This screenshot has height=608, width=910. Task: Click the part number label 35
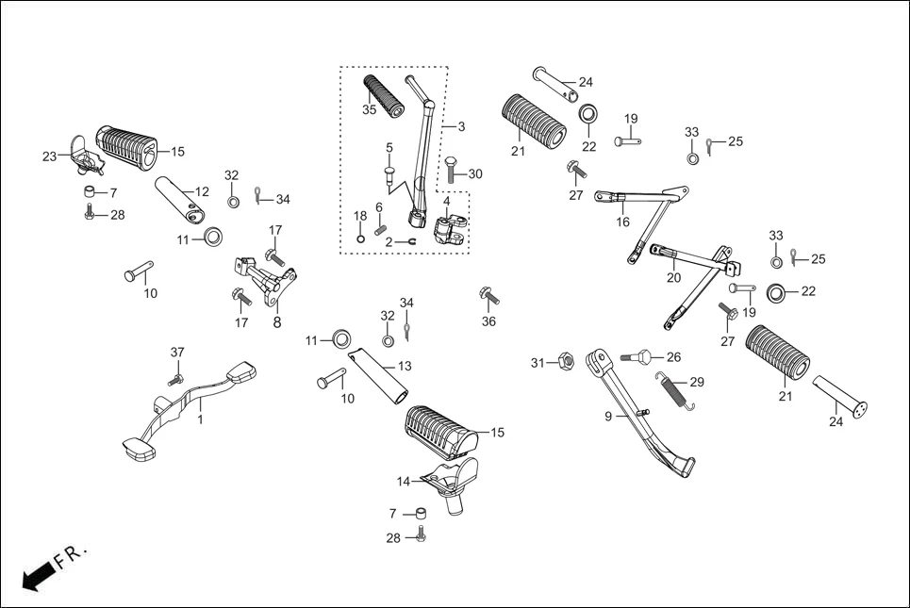click(369, 110)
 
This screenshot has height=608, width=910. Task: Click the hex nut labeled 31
click(566, 361)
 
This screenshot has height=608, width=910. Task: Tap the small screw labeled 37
click(174, 379)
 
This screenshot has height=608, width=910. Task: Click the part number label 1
click(200, 419)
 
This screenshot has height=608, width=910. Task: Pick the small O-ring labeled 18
click(361, 238)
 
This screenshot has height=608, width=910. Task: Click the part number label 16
click(622, 222)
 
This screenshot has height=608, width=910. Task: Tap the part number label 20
click(673, 277)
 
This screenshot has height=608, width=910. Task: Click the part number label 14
click(404, 482)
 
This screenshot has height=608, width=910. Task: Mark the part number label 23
click(50, 156)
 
